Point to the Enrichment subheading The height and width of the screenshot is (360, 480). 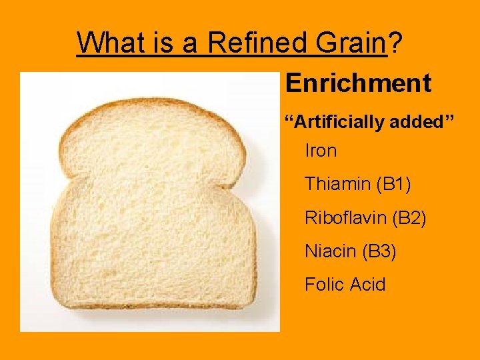click(358, 84)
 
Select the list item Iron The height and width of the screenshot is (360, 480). click(321, 151)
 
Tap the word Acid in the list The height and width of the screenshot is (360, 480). click(368, 285)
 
